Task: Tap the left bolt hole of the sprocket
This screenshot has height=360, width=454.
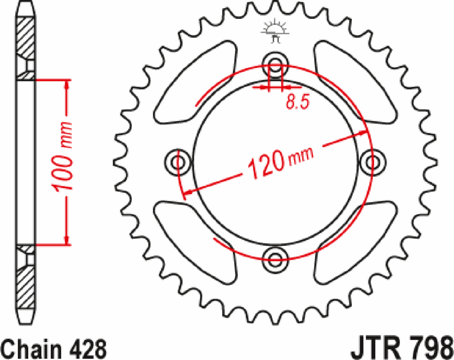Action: click(x=178, y=162)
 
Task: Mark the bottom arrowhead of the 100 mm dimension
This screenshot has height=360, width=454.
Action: click(x=68, y=240)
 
